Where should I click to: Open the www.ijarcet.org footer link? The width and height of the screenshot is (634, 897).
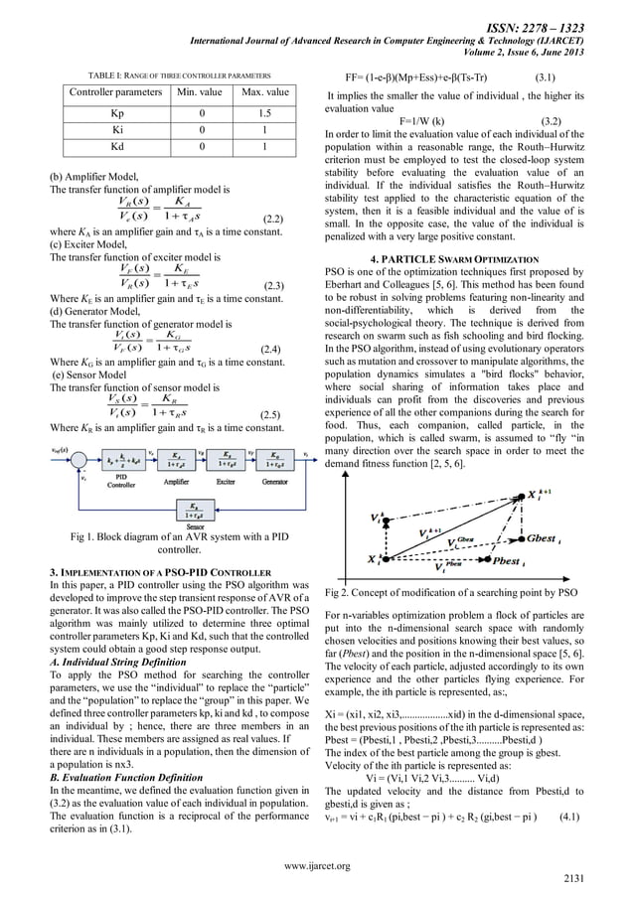(318, 865)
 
